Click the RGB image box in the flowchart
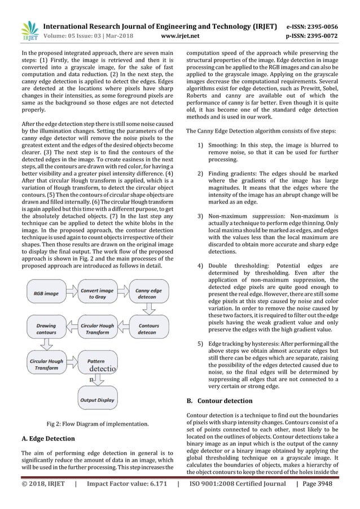pos(45,293)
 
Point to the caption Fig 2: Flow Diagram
pos(97,423)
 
